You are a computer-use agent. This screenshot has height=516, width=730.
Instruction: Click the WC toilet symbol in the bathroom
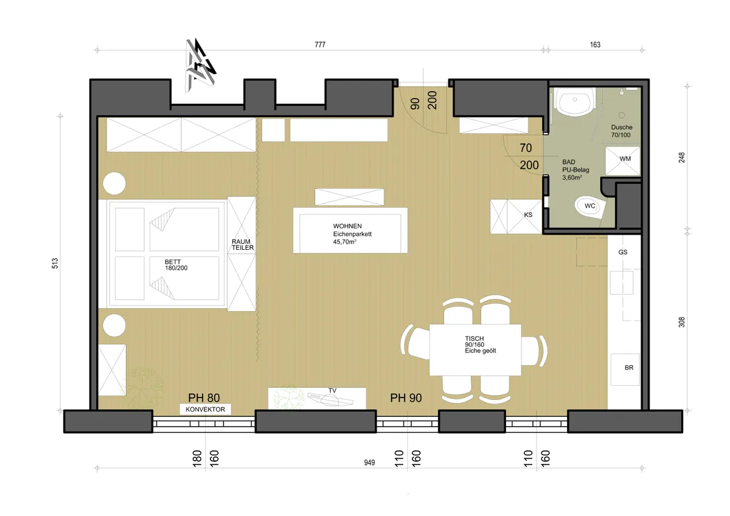pyautogui.click(x=590, y=207)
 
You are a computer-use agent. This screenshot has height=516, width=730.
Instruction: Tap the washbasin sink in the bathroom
pyautogui.click(x=574, y=101)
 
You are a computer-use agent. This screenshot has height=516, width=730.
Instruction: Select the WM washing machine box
pyautogui.click(x=623, y=161)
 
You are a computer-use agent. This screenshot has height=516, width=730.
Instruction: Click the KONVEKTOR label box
pyautogui.click(x=206, y=409)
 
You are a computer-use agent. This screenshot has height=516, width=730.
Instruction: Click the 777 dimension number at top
pyautogui.click(x=320, y=44)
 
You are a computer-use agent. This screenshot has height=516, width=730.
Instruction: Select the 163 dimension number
pyautogui.click(x=595, y=44)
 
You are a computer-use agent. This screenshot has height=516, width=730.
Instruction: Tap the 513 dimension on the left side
pyautogui.click(x=55, y=263)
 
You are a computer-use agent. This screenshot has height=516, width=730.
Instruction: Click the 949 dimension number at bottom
pyautogui.click(x=369, y=463)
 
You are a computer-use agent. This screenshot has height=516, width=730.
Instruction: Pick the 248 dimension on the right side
pyautogui.click(x=681, y=157)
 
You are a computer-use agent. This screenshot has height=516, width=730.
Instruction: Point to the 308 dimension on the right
pyautogui.click(x=681, y=322)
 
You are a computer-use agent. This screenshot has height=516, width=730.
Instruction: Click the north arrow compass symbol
pyautogui.click(x=200, y=65)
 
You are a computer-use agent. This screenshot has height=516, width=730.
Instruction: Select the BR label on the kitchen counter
pyautogui.click(x=629, y=368)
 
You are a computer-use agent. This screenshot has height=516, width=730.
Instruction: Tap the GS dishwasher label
pyautogui.click(x=623, y=252)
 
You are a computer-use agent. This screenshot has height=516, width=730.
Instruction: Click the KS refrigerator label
pyautogui.click(x=528, y=215)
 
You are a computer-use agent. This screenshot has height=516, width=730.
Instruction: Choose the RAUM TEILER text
pyautogui.click(x=243, y=244)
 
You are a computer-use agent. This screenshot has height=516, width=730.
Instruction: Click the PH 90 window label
pyautogui.click(x=406, y=398)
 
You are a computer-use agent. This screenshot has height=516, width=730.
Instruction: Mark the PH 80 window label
pyautogui.click(x=204, y=398)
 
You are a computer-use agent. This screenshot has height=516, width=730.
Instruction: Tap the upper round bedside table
pyautogui.click(x=114, y=184)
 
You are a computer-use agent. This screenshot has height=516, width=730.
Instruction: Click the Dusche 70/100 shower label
pyautogui.click(x=622, y=131)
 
